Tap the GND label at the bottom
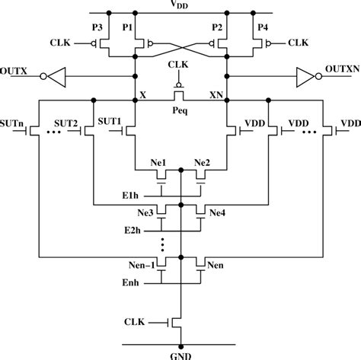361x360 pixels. pyautogui.click(x=180, y=353)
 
